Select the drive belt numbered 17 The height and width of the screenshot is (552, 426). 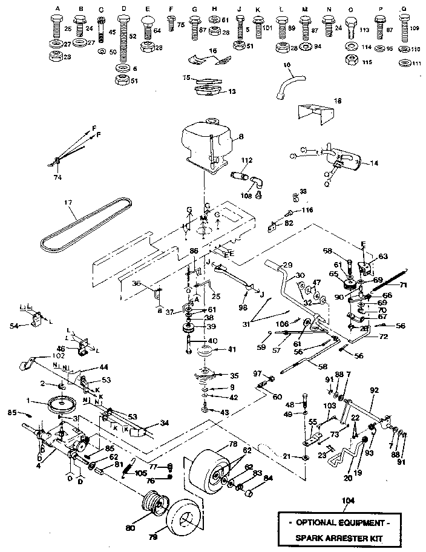(84, 226)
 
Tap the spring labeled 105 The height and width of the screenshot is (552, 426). (131, 465)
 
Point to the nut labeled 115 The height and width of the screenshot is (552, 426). (350, 61)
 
